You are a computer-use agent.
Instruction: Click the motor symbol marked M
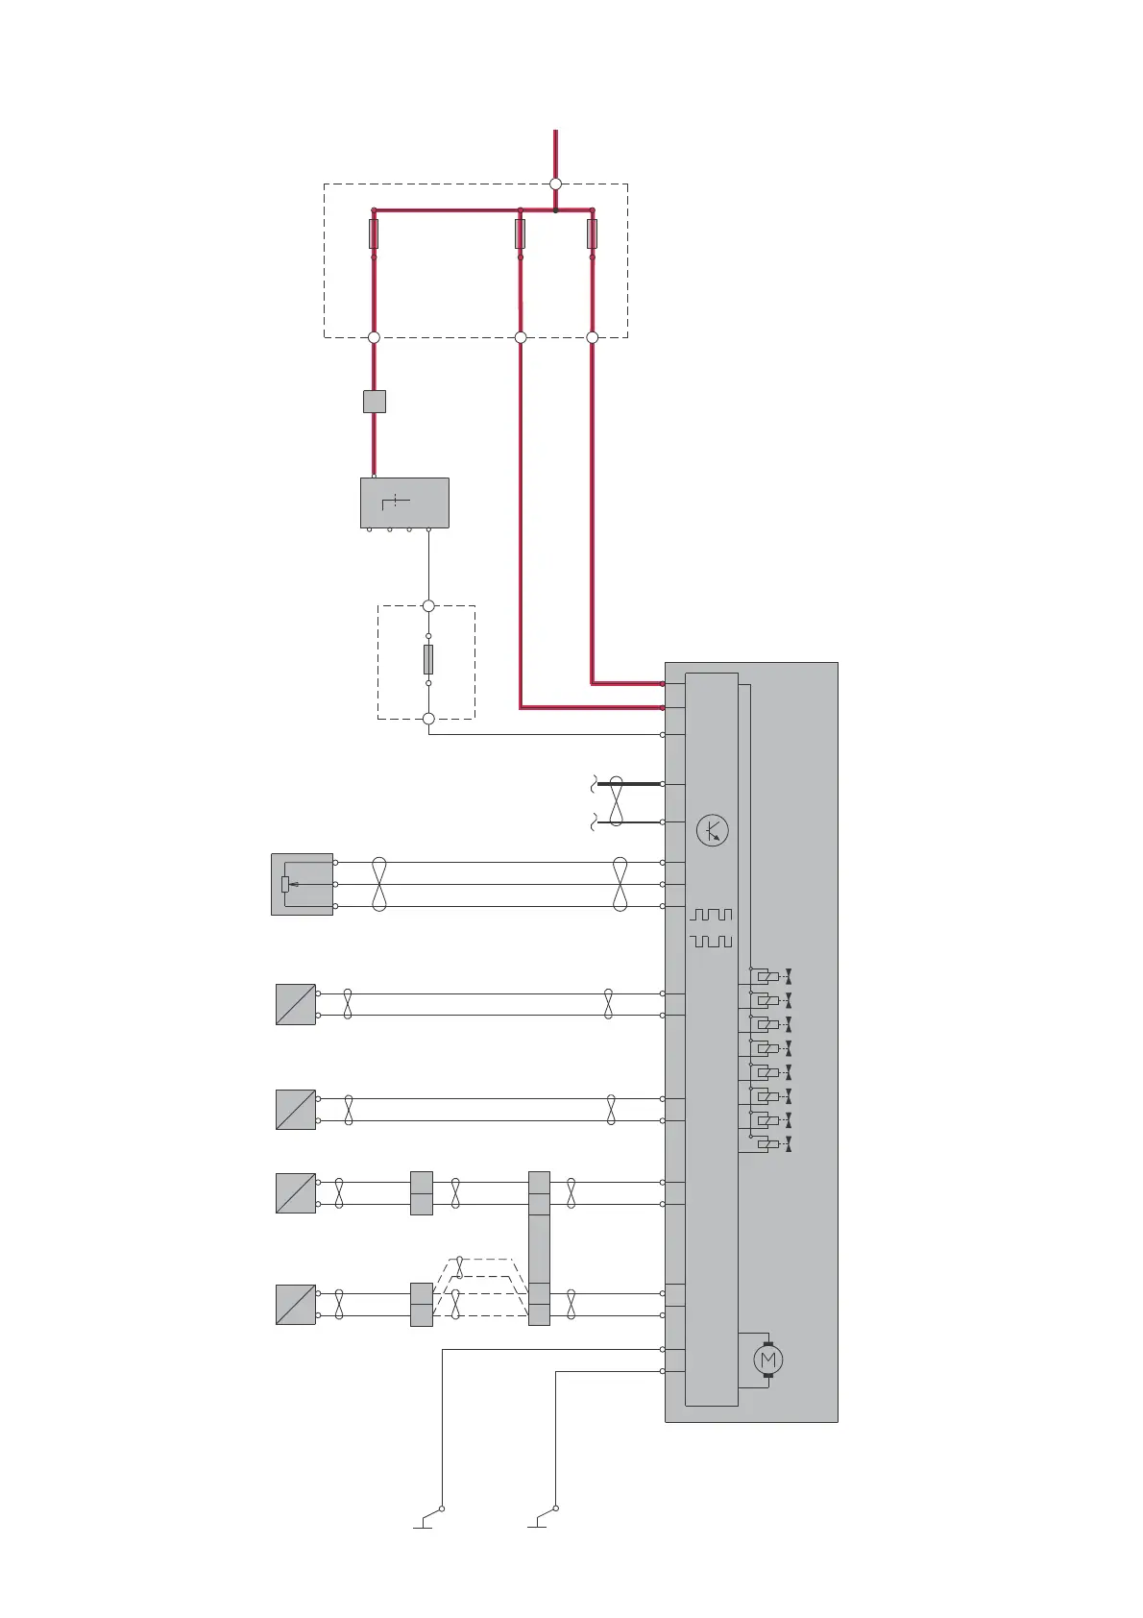pos(766,1360)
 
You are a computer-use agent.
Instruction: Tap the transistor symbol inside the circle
pos(712,830)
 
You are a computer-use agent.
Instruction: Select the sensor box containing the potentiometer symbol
pos(302,884)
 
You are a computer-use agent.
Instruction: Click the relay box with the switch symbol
pos(404,503)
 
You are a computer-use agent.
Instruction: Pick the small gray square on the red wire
pos(375,402)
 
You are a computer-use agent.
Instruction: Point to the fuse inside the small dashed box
pos(428,659)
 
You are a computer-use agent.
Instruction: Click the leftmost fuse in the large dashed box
pos(374,233)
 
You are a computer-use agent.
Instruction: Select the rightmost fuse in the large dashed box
pos(592,233)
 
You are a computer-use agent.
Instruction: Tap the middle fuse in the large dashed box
pos(520,233)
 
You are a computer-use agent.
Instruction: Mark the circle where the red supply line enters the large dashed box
pos(555,184)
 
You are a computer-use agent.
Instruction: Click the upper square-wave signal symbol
pos(711,915)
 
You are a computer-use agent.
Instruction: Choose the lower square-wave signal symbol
pos(711,941)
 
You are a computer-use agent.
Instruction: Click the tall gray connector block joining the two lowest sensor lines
pos(539,1248)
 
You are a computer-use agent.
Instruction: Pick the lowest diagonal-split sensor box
pos(296,1305)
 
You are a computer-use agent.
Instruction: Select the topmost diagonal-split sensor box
pos(296,1004)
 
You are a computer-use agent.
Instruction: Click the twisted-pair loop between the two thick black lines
pos(616,802)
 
